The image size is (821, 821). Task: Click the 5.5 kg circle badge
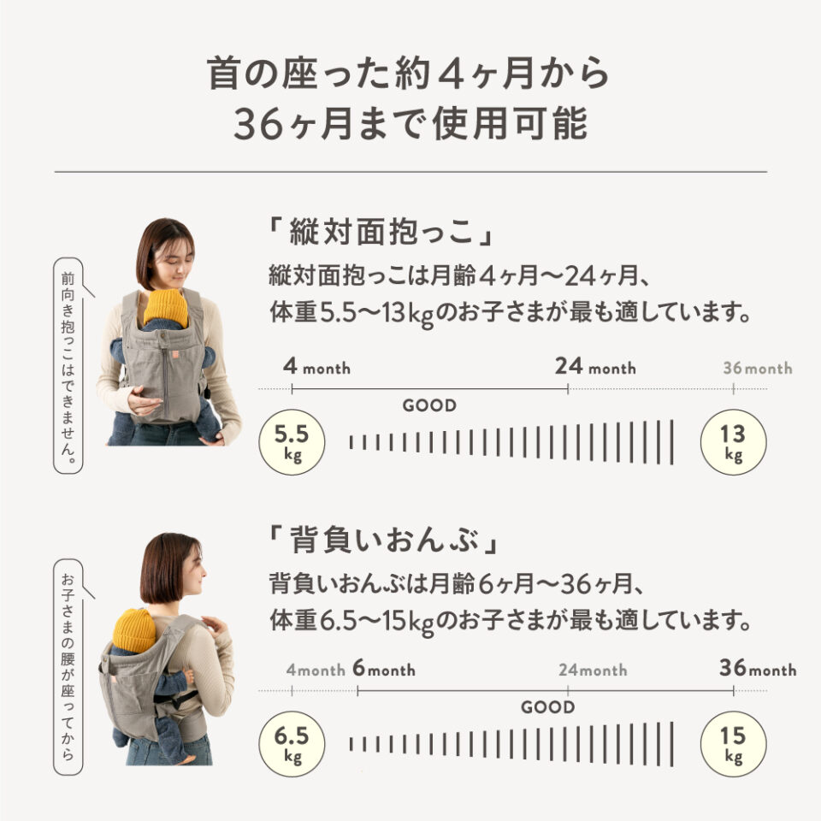292,442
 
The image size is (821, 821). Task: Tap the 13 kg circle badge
733,442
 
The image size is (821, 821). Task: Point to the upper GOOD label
429,405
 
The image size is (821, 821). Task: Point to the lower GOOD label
547,707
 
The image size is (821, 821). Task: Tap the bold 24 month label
594,368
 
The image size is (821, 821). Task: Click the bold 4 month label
316,368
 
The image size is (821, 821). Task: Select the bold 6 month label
383,670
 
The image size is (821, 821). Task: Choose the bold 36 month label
758,669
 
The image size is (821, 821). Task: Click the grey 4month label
314,670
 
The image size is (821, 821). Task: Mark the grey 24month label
593,670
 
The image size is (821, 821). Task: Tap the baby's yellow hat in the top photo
165,307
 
